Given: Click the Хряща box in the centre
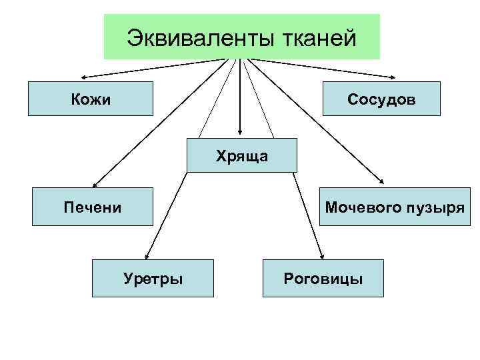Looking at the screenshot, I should [241, 155].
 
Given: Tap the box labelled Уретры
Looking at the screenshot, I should [153, 278].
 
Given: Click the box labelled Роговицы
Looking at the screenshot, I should [323, 278].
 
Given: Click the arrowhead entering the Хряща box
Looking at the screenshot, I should [241, 134].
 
